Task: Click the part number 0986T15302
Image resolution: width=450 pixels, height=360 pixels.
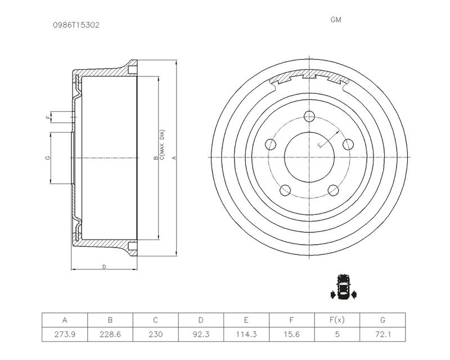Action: [76, 25]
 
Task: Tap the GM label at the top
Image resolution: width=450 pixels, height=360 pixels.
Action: [336, 20]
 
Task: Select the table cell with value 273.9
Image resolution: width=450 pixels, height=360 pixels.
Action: [65, 334]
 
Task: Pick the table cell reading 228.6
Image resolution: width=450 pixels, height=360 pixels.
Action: [110, 334]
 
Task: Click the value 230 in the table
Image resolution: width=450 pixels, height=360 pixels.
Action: [156, 334]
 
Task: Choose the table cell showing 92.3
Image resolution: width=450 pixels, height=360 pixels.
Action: [201, 334]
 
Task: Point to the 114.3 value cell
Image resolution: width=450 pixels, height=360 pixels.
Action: [246, 334]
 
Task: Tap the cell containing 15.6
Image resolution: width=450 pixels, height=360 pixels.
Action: [291, 334]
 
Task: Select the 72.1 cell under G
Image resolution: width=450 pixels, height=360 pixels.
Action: [382, 334]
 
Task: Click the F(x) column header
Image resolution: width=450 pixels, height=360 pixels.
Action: [337, 320]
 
